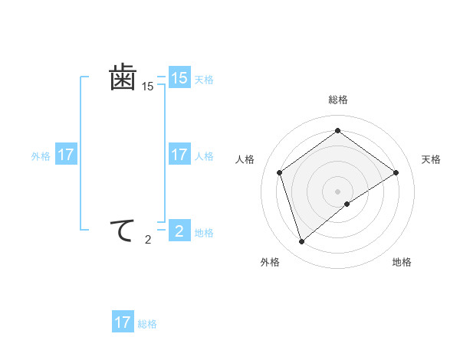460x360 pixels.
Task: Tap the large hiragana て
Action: (123, 230)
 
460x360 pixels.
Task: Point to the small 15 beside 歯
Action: (147, 87)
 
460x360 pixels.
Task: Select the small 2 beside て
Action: (147, 240)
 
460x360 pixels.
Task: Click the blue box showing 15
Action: (179, 78)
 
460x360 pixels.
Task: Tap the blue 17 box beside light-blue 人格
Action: (179, 155)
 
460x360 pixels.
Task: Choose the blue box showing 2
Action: (179, 231)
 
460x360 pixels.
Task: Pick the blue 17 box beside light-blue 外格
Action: (66, 155)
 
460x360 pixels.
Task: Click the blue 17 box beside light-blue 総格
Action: (123, 322)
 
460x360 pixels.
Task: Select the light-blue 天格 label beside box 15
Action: (204, 79)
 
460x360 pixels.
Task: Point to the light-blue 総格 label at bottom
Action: (147, 324)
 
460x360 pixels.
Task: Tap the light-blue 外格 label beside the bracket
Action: (41, 156)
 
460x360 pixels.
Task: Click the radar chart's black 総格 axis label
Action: (337, 100)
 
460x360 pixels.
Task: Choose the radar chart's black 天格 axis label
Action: (432, 159)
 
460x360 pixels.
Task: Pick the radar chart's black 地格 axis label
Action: (402, 262)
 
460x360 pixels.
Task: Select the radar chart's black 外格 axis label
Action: (270, 262)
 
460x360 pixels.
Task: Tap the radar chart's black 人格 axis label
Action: (245, 159)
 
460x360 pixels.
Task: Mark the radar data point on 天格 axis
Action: (396, 172)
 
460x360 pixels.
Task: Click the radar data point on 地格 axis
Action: (347, 204)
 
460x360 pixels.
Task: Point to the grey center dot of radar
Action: (337, 190)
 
